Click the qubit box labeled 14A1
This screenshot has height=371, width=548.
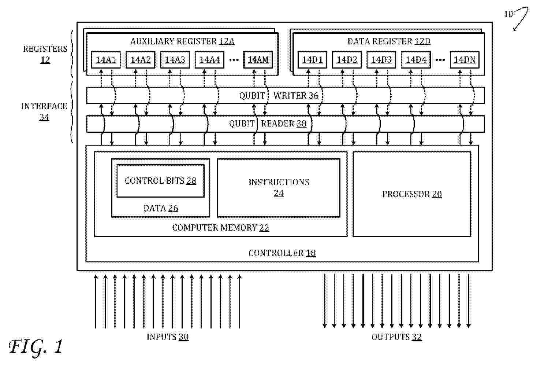(x=106, y=59)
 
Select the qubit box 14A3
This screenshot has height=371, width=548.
(x=175, y=59)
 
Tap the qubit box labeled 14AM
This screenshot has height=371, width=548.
(x=258, y=59)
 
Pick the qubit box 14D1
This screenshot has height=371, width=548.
(x=312, y=59)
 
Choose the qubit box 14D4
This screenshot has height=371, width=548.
(x=416, y=59)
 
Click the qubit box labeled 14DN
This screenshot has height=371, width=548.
(x=465, y=59)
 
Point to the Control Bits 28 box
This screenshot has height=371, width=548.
(x=160, y=181)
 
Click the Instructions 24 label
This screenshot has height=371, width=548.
(x=279, y=187)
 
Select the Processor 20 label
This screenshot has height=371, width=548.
(x=412, y=194)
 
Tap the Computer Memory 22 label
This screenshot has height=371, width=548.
(x=221, y=228)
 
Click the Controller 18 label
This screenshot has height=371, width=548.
(x=282, y=253)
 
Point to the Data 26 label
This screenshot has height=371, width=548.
(x=161, y=208)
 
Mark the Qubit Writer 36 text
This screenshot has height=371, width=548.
(x=279, y=96)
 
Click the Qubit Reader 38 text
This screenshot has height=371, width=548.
(x=268, y=124)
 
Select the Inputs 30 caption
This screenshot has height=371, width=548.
(x=168, y=337)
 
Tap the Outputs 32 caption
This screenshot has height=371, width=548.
(x=396, y=337)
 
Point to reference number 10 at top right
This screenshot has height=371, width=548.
(x=508, y=14)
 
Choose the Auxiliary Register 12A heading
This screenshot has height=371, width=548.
(x=182, y=41)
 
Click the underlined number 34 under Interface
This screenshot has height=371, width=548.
(x=44, y=117)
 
